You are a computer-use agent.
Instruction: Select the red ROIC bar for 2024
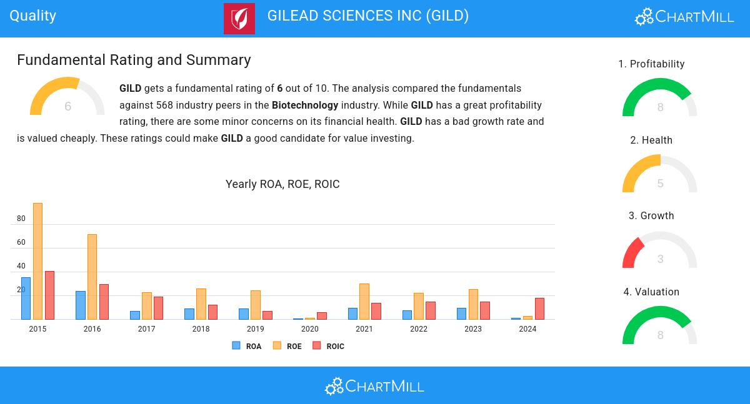coord(539,308)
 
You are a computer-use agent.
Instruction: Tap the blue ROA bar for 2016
coord(81,305)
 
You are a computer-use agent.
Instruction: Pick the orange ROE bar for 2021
coord(364,302)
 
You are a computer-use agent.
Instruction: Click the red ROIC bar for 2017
coord(158,308)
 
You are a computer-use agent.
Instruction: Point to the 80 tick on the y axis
coord(21,219)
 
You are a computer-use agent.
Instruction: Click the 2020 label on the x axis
coord(309,329)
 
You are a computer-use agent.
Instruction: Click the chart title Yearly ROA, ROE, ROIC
coord(282,184)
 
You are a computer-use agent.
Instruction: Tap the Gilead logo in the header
coord(239,19)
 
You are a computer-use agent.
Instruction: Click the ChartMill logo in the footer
coord(374,387)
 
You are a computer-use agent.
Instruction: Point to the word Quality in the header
coord(33,16)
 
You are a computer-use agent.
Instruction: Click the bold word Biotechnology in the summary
coord(305,105)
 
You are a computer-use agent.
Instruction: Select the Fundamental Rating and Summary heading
coord(134,60)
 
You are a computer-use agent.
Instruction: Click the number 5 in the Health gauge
coord(660,184)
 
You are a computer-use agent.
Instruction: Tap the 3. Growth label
coord(651,216)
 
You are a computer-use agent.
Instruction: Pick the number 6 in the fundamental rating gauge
coord(67,107)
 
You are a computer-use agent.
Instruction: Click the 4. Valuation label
coord(651,292)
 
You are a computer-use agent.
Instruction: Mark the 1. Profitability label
coord(651,64)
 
